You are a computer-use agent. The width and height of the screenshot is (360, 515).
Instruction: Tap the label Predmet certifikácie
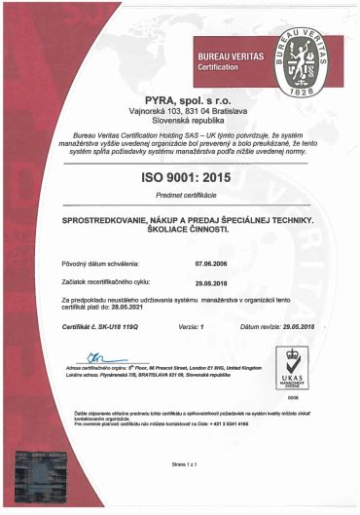coord(178,201)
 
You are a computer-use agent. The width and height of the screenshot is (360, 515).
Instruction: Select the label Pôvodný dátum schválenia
coord(101,263)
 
